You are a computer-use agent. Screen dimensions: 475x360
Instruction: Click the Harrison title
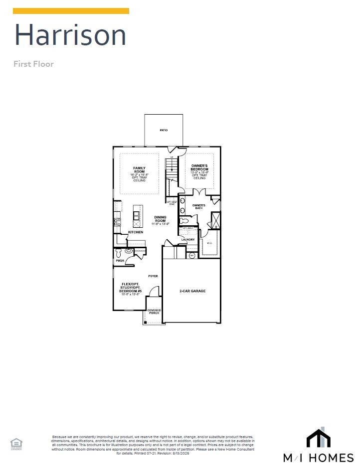(70, 35)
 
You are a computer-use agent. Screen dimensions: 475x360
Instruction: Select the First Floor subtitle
(33, 64)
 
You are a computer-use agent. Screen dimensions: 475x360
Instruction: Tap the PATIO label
(164, 130)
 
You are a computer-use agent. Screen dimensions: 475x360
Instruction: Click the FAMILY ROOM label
(139, 170)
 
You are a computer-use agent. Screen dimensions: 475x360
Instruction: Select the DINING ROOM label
(161, 217)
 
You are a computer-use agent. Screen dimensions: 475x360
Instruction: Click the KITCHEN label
(135, 232)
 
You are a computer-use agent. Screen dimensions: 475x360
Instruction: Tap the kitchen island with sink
(137, 215)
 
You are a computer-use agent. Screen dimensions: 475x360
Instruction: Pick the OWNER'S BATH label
(199, 205)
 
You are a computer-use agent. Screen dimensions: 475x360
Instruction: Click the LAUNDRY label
(188, 240)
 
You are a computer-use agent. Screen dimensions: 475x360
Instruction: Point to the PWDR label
(120, 261)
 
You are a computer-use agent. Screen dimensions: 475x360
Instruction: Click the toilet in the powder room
(119, 253)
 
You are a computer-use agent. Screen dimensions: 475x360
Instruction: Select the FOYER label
(153, 276)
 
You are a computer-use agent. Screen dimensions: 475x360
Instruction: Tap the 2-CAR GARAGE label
(192, 291)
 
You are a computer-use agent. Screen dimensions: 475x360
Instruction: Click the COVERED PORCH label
(154, 312)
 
